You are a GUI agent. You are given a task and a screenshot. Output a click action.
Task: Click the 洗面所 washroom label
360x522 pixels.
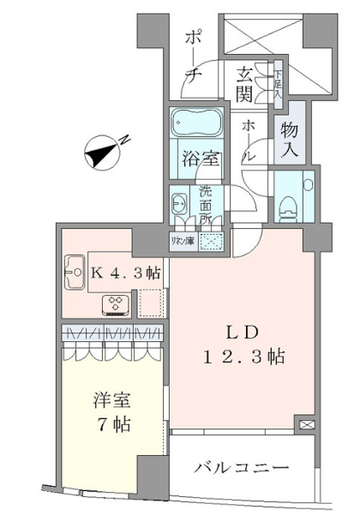coord(206,205)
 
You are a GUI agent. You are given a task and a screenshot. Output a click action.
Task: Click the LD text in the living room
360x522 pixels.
coord(239,331)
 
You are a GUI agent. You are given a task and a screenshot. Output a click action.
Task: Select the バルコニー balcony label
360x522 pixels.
coord(240,468)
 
